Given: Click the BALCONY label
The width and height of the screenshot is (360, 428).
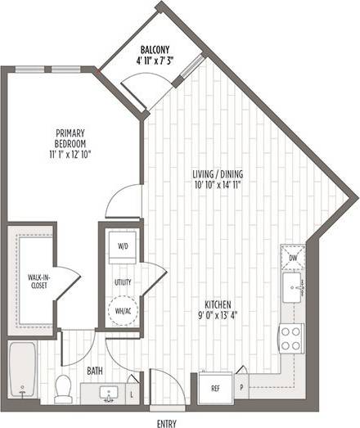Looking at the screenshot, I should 155,48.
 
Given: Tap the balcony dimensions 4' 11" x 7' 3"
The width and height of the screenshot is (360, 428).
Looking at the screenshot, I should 155,59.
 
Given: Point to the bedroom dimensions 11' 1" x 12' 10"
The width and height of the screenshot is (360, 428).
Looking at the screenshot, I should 71,154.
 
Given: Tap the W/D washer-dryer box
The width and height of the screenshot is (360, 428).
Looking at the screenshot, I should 123,246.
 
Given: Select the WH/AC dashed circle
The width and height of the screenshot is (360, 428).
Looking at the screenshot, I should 123,310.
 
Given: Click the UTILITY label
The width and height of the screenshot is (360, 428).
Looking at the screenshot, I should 123,282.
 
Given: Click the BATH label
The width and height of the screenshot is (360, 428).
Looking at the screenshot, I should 96,371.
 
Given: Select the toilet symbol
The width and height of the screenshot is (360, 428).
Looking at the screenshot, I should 62,390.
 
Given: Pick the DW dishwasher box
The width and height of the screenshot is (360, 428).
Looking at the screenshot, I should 293,259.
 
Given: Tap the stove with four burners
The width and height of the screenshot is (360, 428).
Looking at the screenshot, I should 291,337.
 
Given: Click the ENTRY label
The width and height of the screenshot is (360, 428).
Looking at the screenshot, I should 166,423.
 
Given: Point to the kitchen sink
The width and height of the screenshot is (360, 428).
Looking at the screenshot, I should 292,289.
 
